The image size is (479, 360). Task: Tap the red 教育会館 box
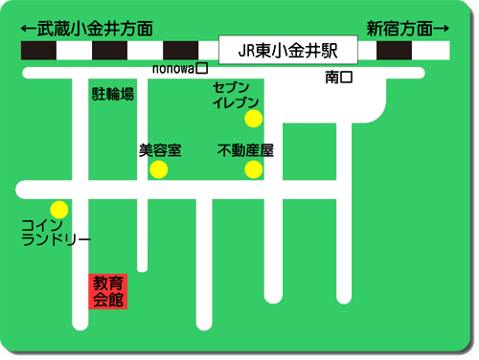[x=108, y=291]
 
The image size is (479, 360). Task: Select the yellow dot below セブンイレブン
[x=253, y=120]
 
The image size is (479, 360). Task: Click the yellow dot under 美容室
[x=159, y=169]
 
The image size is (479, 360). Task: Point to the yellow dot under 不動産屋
[x=253, y=170]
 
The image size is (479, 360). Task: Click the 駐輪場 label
[x=112, y=94]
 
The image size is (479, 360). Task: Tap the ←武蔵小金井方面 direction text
[x=86, y=28]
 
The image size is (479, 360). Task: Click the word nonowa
[x=173, y=69]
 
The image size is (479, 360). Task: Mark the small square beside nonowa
[x=201, y=69]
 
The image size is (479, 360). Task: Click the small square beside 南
[x=347, y=76]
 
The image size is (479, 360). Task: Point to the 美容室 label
[x=160, y=150]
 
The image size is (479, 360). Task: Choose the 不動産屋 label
[x=246, y=150]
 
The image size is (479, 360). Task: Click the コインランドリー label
[x=56, y=233]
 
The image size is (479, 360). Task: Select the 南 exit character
[x=331, y=76]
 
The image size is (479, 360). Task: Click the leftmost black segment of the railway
[x=38, y=51]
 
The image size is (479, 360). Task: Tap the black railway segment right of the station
[x=394, y=51]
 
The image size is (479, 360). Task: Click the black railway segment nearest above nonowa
[x=181, y=51]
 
